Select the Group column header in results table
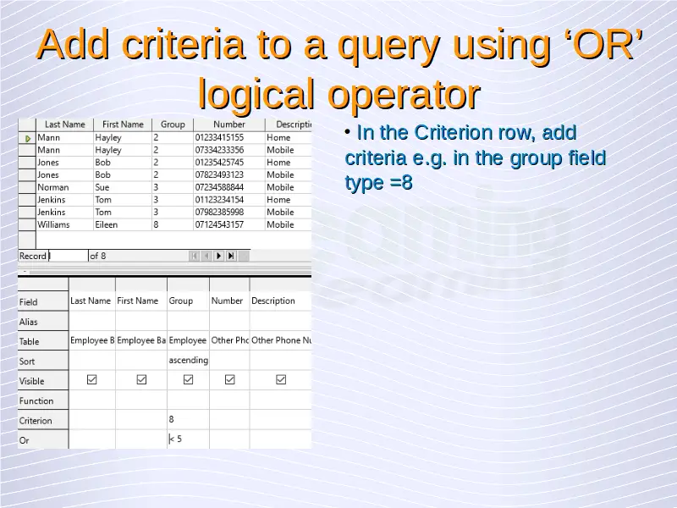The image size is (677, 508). click(x=173, y=124)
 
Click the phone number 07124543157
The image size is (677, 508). click(x=219, y=224)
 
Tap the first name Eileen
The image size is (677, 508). click(x=107, y=224)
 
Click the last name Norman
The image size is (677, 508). click(x=53, y=187)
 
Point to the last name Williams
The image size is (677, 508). click(x=53, y=224)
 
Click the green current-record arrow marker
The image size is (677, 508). click(x=28, y=139)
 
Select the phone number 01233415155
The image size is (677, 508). click(x=219, y=137)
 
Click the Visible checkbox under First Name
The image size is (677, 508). click(x=141, y=379)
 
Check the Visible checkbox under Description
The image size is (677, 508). click(x=281, y=379)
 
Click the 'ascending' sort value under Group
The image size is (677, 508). click(x=188, y=361)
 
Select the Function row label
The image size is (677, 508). click(x=36, y=400)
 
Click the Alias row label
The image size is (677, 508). click(x=28, y=322)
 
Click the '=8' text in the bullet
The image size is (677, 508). click(x=401, y=182)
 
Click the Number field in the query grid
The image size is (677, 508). click(x=227, y=301)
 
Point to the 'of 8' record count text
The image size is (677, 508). click(x=98, y=257)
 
